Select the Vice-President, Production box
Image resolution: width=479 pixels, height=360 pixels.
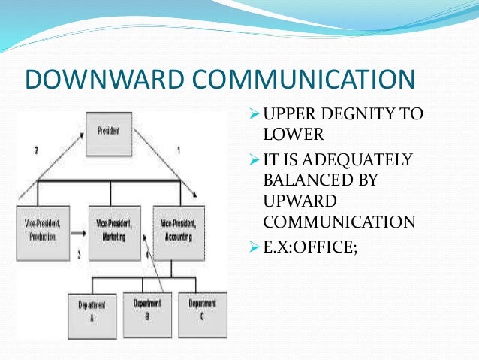[x=44, y=231]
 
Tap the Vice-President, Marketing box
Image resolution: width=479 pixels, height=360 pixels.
[x=113, y=231]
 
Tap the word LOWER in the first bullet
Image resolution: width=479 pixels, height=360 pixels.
[x=287, y=136]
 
